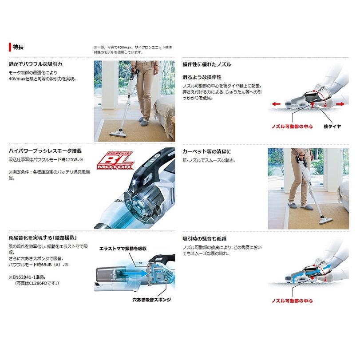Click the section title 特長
(18, 47)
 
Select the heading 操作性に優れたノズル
(207, 64)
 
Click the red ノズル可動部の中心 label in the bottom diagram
(292, 301)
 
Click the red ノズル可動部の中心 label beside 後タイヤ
(292, 127)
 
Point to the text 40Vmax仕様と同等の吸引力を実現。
(42, 79)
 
